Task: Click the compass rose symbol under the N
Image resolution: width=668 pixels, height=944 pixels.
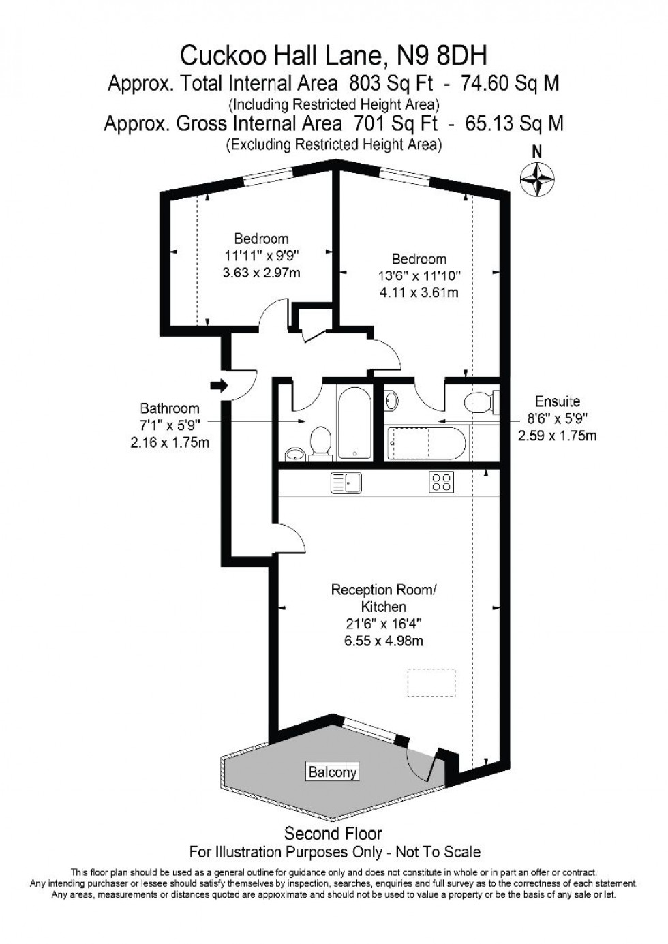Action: click(x=536, y=180)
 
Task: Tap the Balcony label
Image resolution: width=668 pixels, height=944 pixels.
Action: click(x=332, y=772)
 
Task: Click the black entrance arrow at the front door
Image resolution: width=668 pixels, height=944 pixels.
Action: click(x=219, y=386)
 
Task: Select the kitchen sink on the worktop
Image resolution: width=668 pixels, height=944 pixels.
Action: click(x=346, y=483)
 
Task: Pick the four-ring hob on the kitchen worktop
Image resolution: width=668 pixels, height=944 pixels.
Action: click(x=441, y=483)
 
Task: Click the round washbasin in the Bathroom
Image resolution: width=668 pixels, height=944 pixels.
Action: click(x=294, y=453)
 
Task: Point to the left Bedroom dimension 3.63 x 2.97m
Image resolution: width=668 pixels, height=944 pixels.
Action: click(x=261, y=273)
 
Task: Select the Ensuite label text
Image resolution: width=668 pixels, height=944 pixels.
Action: click(x=557, y=401)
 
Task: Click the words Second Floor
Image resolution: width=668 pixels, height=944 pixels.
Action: click(x=333, y=833)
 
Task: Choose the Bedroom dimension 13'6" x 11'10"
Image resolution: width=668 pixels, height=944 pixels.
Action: click(x=419, y=276)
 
